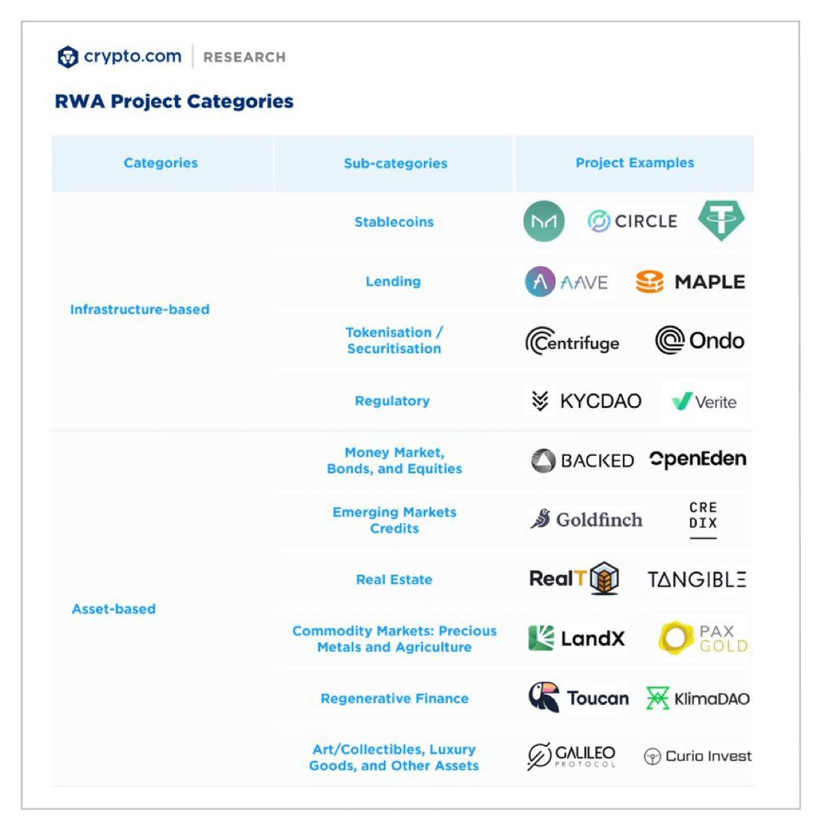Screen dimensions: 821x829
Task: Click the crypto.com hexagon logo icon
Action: pos(68,57)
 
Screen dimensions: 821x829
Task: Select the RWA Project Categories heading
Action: pos(174,101)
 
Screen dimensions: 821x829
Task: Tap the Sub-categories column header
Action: pos(395,163)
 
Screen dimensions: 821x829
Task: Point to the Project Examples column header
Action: pos(634,162)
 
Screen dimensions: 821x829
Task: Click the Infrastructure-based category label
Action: pos(140,309)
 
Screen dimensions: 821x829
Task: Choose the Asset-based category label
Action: pos(114,608)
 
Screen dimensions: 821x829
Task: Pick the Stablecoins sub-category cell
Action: pos(394,221)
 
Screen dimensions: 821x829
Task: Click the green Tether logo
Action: pos(721,221)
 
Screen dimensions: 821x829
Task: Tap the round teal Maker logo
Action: pos(544,221)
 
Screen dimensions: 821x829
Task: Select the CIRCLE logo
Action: pos(632,221)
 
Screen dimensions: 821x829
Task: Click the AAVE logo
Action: pos(567,282)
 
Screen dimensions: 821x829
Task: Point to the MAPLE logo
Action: pos(690,282)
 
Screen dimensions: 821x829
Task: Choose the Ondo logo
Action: pos(699,341)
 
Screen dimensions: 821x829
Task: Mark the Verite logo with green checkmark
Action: pos(704,401)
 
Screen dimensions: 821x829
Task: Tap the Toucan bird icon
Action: pos(544,697)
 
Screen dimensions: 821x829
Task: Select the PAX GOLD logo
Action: pos(703,638)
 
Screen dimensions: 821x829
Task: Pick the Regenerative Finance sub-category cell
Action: pos(394,698)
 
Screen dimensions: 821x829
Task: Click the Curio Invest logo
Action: pos(697,756)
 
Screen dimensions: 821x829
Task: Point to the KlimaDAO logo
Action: pos(697,698)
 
